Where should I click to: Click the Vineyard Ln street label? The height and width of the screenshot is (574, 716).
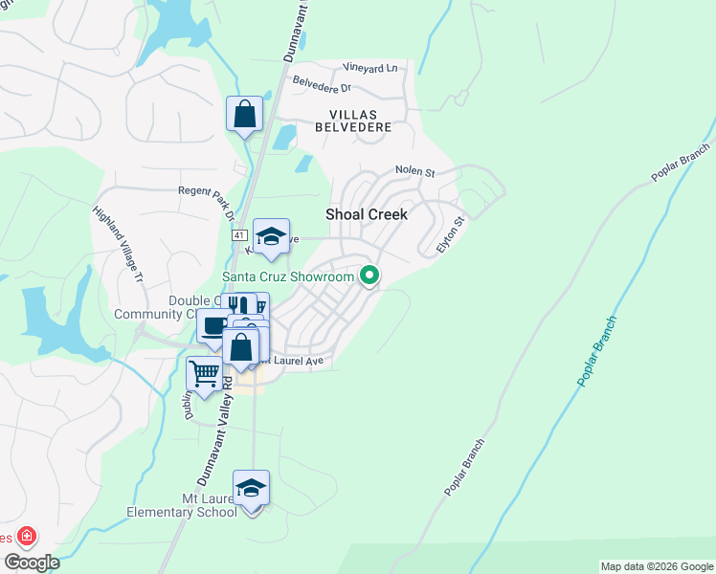pyautogui.click(x=369, y=68)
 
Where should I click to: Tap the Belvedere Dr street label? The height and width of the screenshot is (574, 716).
pyautogui.click(x=322, y=84)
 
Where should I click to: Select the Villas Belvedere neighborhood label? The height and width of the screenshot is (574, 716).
pyautogui.click(x=354, y=121)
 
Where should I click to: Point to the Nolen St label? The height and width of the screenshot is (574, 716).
pyautogui.click(x=415, y=172)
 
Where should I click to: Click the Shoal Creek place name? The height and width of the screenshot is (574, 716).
pyautogui.click(x=367, y=214)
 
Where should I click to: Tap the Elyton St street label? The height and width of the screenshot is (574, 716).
pyautogui.click(x=450, y=233)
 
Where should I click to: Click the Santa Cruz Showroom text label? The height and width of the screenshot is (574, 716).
pyautogui.click(x=288, y=277)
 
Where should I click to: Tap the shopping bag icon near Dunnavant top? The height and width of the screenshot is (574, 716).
pyautogui.click(x=245, y=114)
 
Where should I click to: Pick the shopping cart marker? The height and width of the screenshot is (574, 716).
pyautogui.click(x=204, y=374)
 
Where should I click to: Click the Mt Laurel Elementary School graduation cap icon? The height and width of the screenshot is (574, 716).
pyautogui.click(x=251, y=488)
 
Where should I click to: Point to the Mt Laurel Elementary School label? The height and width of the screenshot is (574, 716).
pyautogui.click(x=182, y=505)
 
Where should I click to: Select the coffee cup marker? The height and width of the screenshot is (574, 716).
pyautogui.click(x=213, y=326)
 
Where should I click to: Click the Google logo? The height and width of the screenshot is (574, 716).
pyautogui.click(x=31, y=563)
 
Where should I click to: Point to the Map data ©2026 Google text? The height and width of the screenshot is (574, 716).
pyautogui.click(x=657, y=566)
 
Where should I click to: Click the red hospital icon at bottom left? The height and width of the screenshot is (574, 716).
pyautogui.click(x=26, y=537)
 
